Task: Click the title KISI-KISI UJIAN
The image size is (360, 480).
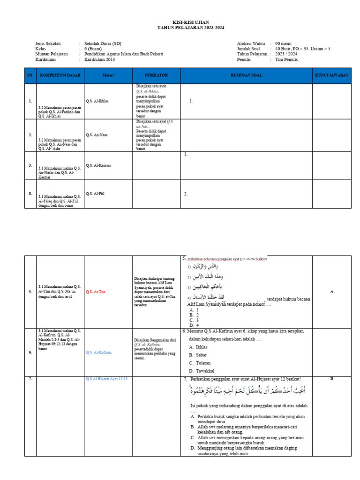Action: click(191, 22)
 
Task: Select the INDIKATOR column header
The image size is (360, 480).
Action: click(156, 75)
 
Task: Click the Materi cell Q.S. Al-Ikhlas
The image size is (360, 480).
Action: click(98, 101)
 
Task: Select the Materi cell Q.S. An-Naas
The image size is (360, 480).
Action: click(97, 135)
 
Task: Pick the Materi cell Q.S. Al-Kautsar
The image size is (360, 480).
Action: click(99, 165)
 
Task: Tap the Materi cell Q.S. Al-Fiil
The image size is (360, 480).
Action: click(96, 193)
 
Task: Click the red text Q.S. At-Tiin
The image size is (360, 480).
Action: click(96, 292)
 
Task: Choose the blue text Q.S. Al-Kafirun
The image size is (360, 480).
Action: click(99, 352)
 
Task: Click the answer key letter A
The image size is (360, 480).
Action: click(331, 292)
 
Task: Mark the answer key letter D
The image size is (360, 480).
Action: click(331, 378)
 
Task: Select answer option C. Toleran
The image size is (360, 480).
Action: click(200, 363)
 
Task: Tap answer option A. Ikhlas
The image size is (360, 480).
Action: click(199, 346)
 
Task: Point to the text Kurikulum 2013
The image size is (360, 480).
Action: click(99, 60)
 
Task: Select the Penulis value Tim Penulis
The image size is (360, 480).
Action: click(286, 60)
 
